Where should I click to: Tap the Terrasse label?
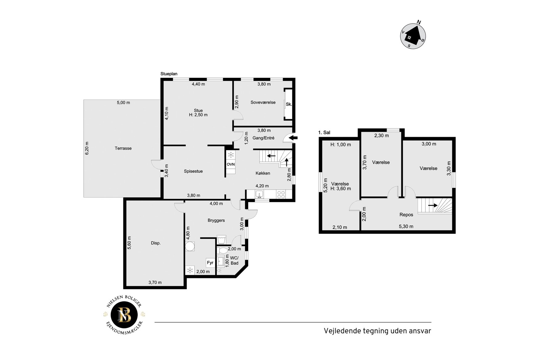click(x=123, y=148)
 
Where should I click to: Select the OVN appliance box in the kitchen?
click(x=231, y=164)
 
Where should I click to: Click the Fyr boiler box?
click(x=210, y=263)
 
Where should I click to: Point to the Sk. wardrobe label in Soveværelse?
click(x=289, y=104)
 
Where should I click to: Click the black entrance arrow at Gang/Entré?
click(x=293, y=138)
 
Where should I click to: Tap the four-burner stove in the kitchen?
click(x=281, y=194)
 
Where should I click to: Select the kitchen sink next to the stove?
click(x=259, y=194)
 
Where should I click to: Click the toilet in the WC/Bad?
click(x=221, y=250)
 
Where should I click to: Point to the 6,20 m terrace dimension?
click(x=87, y=148)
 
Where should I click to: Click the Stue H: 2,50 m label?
click(x=198, y=113)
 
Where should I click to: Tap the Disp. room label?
click(x=156, y=243)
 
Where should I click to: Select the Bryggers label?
click(x=216, y=221)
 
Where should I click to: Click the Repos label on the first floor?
click(x=406, y=215)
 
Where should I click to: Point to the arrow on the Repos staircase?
click(x=433, y=205)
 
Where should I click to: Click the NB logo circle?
click(x=124, y=315)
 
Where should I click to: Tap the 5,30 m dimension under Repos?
click(x=406, y=226)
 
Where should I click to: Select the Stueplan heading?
click(x=169, y=74)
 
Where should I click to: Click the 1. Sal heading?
click(x=324, y=133)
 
